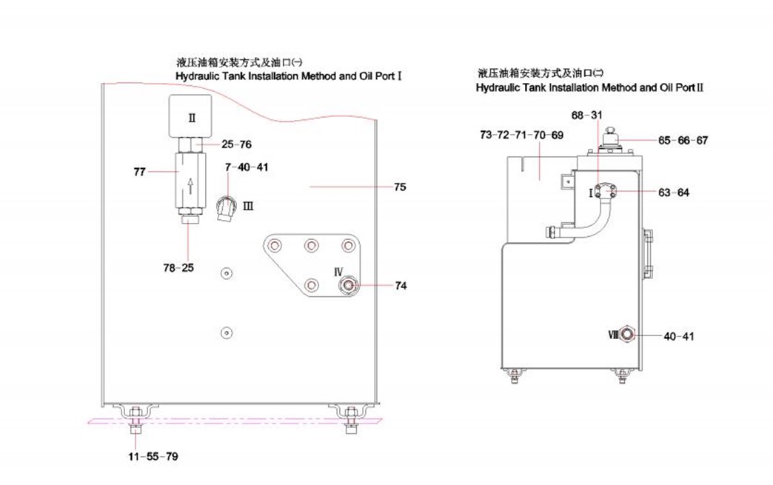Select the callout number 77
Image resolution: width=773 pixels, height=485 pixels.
point(139,172)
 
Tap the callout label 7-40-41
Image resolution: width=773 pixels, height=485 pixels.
point(247,167)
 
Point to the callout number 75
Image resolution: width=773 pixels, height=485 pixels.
point(399,187)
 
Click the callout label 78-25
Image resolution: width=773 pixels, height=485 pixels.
point(180,267)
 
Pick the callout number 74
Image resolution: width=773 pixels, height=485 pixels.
point(401,285)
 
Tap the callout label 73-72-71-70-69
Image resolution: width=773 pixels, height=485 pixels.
point(521,135)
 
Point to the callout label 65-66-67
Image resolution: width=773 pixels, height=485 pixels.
point(683,140)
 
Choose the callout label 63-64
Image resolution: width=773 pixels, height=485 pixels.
point(674,193)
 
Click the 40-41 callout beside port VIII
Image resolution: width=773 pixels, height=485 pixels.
point(679,336)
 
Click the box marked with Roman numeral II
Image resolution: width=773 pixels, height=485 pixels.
point(191,116)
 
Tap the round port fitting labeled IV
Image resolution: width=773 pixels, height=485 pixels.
point(347,284)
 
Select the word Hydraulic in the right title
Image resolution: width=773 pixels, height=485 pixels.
point(501,87)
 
